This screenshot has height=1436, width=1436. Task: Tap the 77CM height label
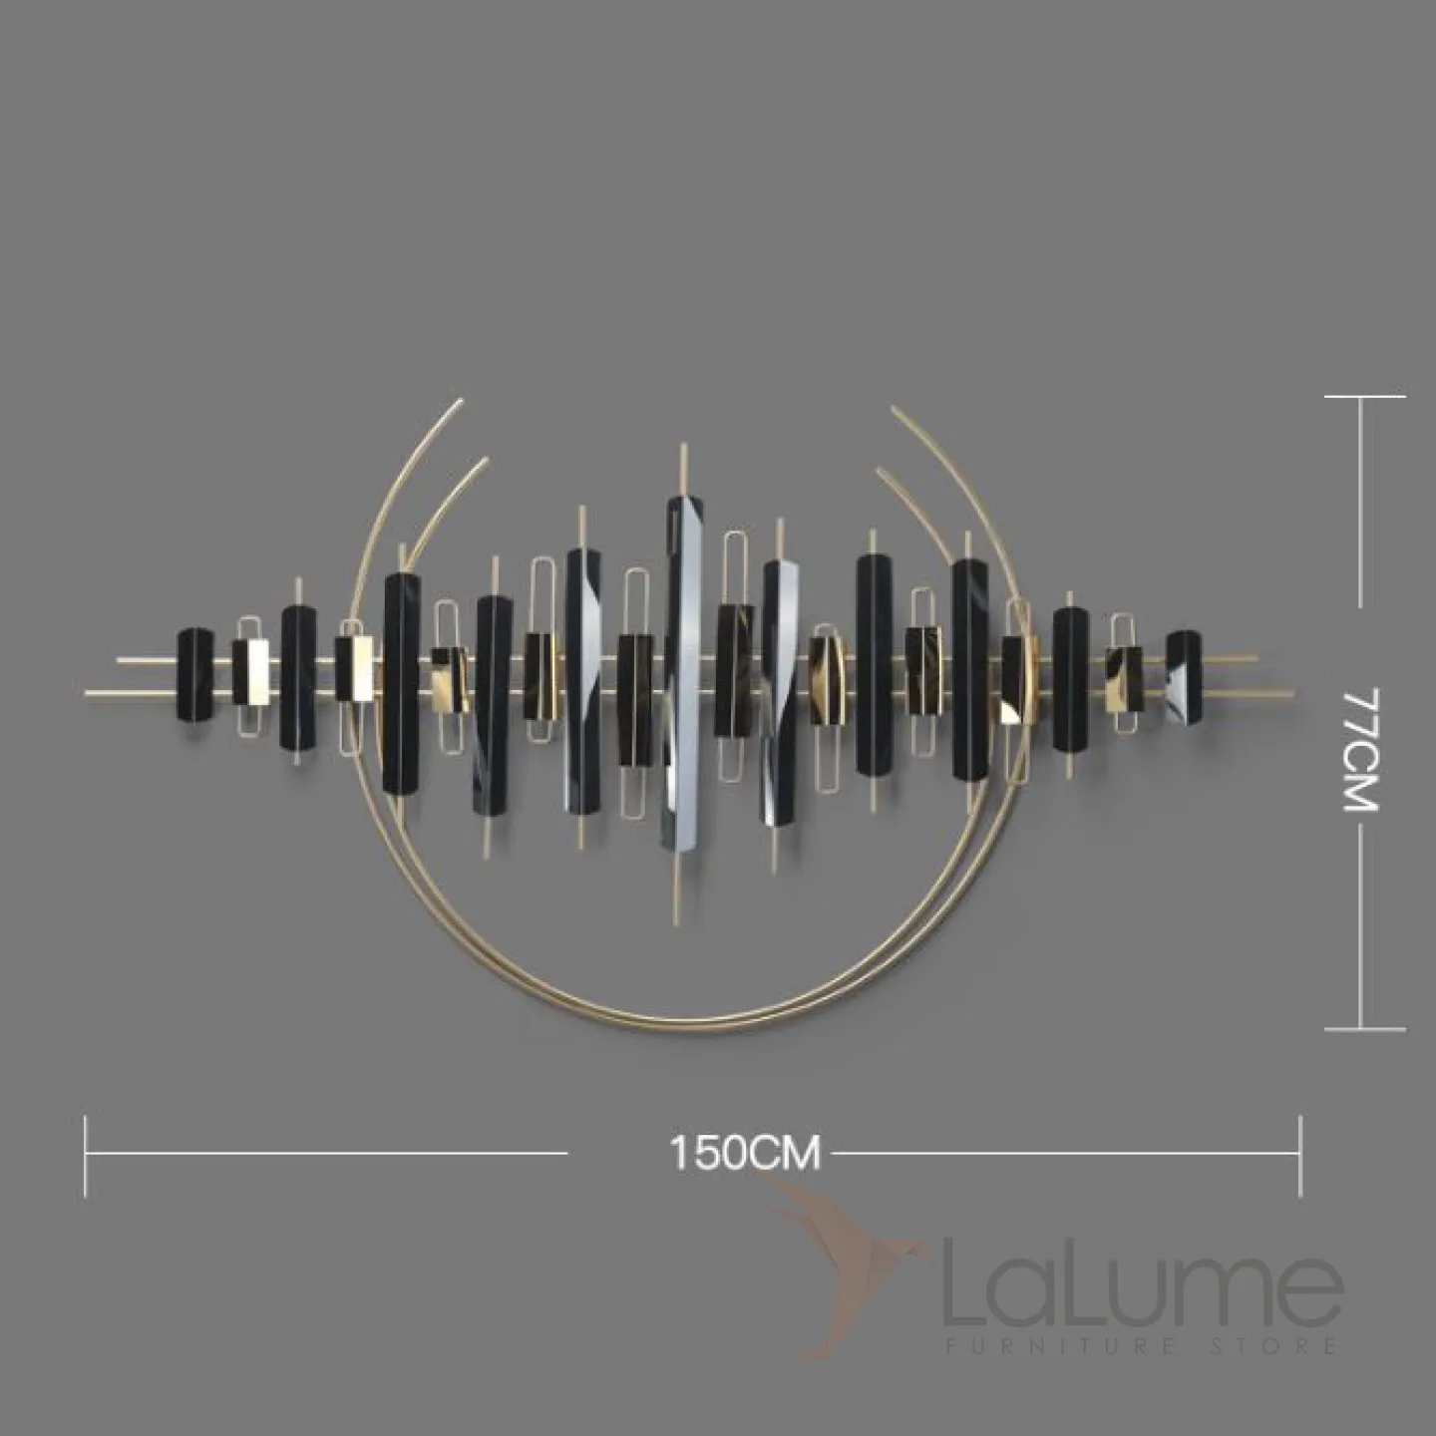coord(1360,751)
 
